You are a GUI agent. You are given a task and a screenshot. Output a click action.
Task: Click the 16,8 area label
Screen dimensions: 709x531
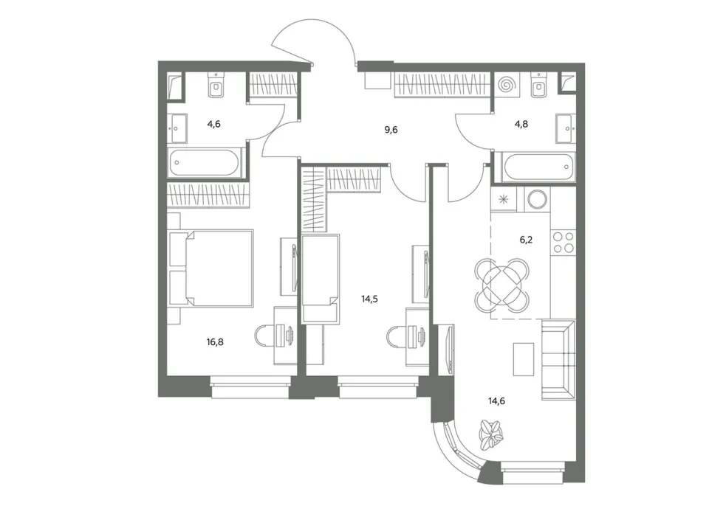click(x=215, y=342)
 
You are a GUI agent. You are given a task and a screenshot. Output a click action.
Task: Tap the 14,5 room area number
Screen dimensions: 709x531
click(x=369, y=299)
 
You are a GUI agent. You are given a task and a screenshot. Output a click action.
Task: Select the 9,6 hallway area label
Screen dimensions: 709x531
click(x=391, y=130)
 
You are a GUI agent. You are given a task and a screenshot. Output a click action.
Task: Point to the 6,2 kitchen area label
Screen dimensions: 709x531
click(x=526, y=240)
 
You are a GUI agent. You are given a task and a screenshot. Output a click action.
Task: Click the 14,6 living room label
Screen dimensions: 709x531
click(x=496, y=400)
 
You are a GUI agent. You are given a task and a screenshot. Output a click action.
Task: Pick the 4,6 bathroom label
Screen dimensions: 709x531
click(x=214, y=124)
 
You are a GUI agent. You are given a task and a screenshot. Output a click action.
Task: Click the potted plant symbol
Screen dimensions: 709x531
click(x=490, y=435)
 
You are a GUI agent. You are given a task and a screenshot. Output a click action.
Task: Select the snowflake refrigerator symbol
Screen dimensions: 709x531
click(x=503, y=199)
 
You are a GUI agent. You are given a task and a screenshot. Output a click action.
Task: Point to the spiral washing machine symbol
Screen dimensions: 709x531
click(x=507, y=85)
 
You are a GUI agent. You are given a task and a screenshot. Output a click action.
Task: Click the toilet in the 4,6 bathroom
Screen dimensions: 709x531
click(x=217, y=84)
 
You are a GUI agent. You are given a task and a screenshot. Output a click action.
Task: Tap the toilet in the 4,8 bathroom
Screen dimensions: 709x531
click(x=538, y=84)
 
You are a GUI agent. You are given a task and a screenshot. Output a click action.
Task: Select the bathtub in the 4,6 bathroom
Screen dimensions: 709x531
click(x=207, y=163)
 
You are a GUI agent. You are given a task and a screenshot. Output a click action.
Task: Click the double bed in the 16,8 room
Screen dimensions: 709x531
click(x=210, y=268)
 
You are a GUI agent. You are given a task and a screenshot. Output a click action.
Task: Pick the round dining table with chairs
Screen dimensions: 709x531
click(x=502, y=285)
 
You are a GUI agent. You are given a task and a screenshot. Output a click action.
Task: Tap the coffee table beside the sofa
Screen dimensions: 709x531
click(x=524, y=359)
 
